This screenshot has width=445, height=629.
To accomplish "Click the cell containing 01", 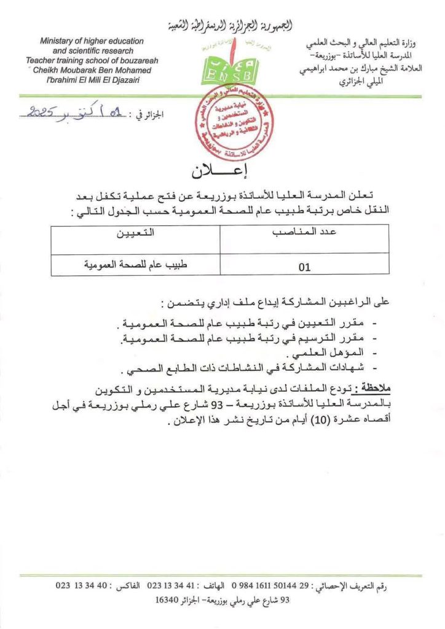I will [304, 267].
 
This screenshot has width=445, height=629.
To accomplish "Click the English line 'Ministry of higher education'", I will [92, 41].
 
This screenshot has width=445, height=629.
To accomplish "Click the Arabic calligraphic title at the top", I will [229, 26].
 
